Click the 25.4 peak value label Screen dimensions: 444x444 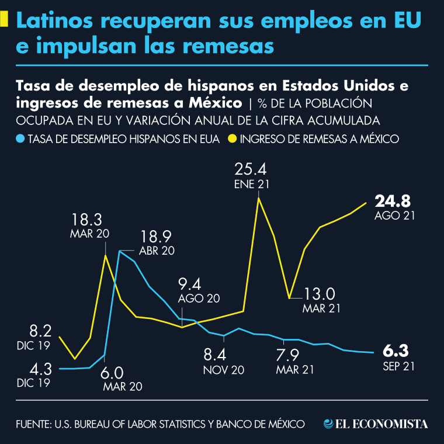coord(251,169)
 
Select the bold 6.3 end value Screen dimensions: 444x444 coord(395,351)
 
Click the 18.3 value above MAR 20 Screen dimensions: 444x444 coord(87,220)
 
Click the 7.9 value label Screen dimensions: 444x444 coord(287,355)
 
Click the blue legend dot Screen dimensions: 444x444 coord(20,139)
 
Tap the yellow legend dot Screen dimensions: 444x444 coord(232,139)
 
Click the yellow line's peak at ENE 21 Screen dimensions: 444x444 coord(258,199)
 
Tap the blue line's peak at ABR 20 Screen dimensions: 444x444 coord(120,251)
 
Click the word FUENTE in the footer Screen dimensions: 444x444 coord(33,424)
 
